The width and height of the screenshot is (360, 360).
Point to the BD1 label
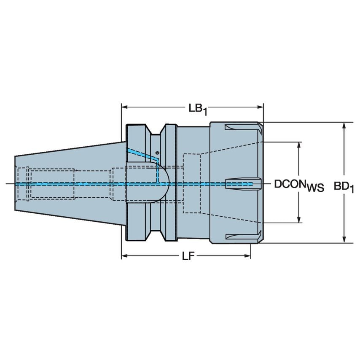(344, 185)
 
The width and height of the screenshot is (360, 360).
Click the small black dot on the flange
(157, 152)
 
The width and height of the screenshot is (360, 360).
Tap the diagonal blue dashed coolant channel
(141, 153)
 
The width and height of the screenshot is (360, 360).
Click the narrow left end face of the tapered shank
(16, 183)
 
